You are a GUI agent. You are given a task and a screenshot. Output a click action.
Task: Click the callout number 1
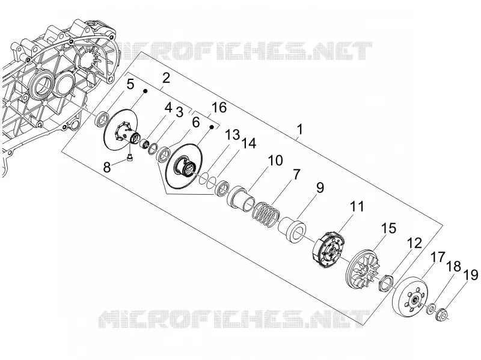299,129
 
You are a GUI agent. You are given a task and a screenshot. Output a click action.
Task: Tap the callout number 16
219,108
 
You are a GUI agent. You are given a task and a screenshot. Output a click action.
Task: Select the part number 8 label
107,168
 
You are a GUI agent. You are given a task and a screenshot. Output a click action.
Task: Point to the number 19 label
470,275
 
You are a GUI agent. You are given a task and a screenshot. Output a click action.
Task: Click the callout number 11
357,206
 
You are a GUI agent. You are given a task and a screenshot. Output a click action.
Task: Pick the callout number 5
130,84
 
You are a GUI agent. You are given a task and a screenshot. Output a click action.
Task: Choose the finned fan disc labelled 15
364,267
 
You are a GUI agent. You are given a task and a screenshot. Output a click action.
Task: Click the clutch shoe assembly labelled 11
326,249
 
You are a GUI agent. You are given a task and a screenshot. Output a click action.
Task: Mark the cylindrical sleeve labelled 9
292,230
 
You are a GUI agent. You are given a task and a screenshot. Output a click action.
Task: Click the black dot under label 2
146,91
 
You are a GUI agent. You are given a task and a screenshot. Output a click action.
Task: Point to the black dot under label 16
212,126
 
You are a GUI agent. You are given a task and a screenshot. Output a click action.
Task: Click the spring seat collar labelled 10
241,199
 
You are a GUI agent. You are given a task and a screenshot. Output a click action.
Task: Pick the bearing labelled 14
222,188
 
